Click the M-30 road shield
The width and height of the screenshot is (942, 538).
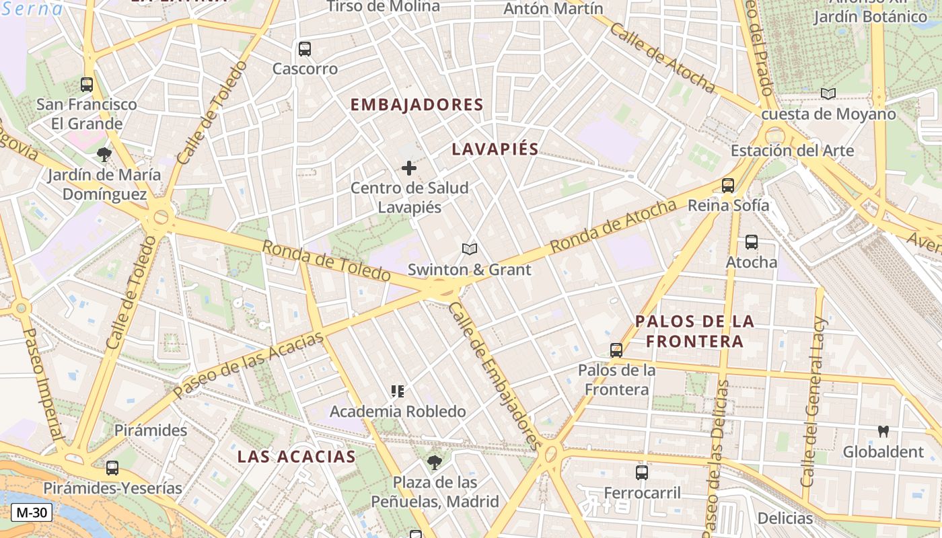[32, 512]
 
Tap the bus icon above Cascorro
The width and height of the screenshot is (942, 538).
[305, 49]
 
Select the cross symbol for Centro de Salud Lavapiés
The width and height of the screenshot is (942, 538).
[409, 168]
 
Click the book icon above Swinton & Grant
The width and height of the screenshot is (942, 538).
[470, 249]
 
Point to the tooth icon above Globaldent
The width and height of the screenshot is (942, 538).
[883, 431]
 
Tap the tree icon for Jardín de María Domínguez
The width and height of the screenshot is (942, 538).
[104, 155]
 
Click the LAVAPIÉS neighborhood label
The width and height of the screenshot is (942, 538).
[495, 149]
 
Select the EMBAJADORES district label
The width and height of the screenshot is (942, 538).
[416, 105]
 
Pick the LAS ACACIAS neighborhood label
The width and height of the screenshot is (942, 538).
[296, 457]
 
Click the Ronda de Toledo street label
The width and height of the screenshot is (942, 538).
[326, 261]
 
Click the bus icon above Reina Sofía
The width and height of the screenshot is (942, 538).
[727, 186]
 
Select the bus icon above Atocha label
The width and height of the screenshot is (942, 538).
[751, 242]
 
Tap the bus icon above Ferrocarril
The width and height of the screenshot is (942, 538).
[642, 473]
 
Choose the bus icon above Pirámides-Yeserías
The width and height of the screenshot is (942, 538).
[112, 468]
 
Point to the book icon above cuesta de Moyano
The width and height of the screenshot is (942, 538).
[828, 94]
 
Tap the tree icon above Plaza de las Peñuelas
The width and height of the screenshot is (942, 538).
[435, 462]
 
